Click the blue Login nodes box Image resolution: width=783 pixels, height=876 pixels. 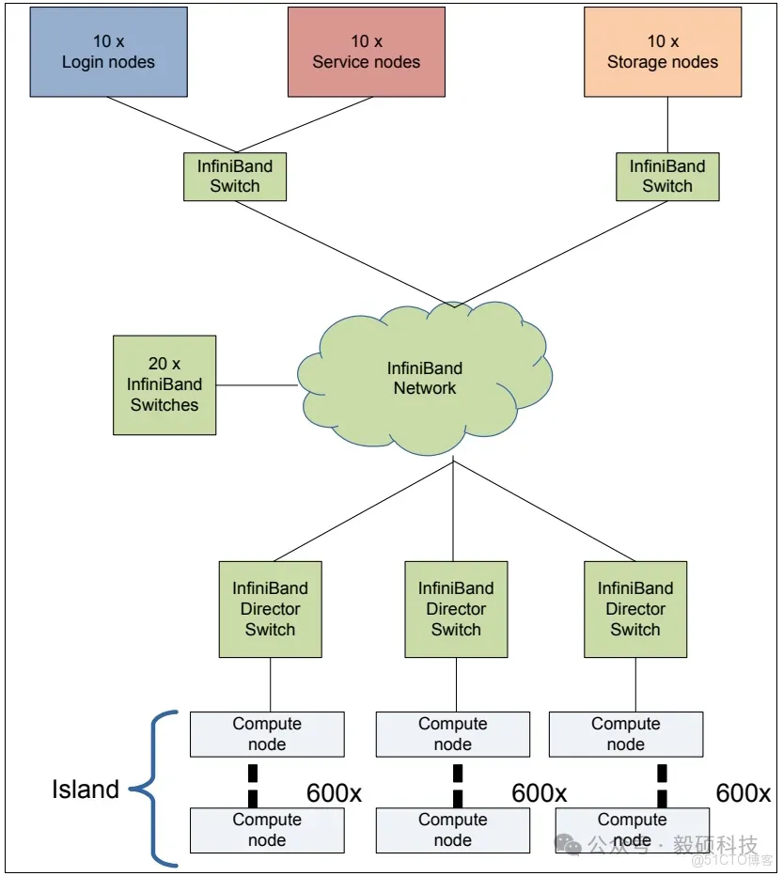[108, 52]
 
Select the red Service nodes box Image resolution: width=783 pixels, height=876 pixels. [366, 52]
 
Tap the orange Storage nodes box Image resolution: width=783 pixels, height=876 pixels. [662, 52]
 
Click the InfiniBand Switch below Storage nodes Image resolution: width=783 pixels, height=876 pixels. [667, 176]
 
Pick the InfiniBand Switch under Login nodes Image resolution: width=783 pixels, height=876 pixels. [234, 176]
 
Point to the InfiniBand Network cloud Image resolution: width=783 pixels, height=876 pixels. [425, 379]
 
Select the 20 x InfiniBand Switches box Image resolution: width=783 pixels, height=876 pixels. [164, 385]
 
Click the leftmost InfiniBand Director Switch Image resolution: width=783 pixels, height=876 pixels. [270, 609]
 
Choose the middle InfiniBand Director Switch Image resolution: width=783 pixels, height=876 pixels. [456, 609]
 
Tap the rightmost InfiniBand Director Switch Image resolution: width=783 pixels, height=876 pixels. [635, 609]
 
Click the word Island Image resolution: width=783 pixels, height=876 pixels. [85, 790]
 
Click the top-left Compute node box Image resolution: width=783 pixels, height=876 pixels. [267, 734]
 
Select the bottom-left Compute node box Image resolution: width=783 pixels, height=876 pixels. [267, 830]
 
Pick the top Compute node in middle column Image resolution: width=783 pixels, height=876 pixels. [453, 734]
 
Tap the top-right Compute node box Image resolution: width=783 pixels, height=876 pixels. [625, 734]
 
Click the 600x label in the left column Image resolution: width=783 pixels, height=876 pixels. [334, 793]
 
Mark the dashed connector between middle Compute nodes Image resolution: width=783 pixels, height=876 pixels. [458, 786]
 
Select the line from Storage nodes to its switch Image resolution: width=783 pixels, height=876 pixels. [667, 125]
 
